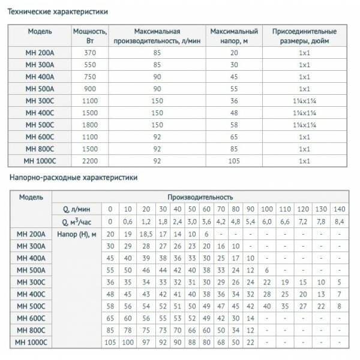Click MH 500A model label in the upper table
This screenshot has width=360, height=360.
point(38,89)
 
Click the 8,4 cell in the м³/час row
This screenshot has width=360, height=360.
point(340,221)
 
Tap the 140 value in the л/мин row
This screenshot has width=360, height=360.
point(340,209)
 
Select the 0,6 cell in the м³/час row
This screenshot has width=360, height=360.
point(126,221)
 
